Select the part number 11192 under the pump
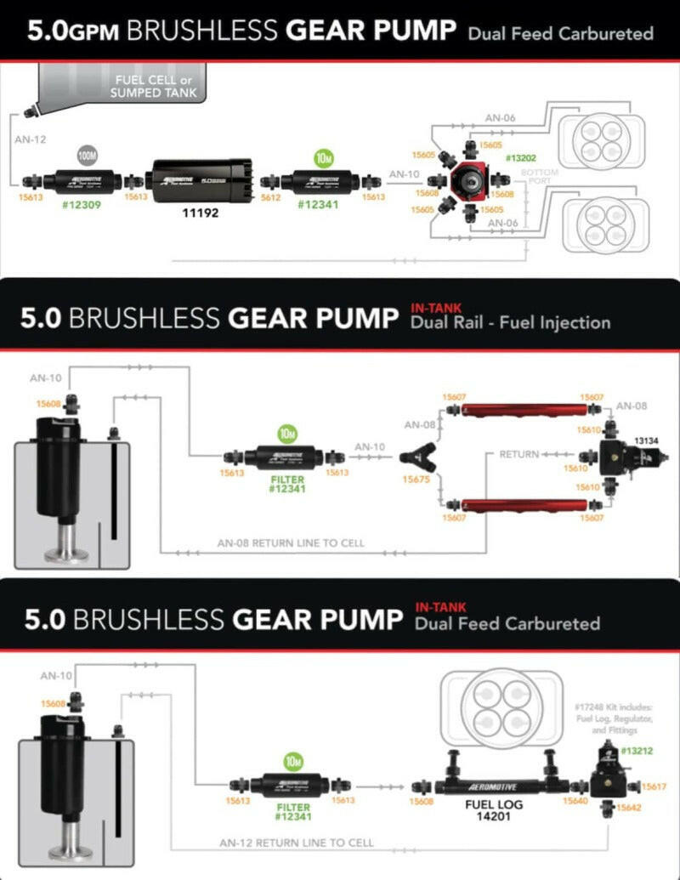[x=201, y=213]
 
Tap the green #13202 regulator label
[x=519, y=158]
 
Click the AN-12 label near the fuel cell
[x=30, y=139]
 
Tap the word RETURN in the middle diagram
[x=519, y=454]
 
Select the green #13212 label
[x=637, y=751]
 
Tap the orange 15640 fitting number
[x=576, y=800]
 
